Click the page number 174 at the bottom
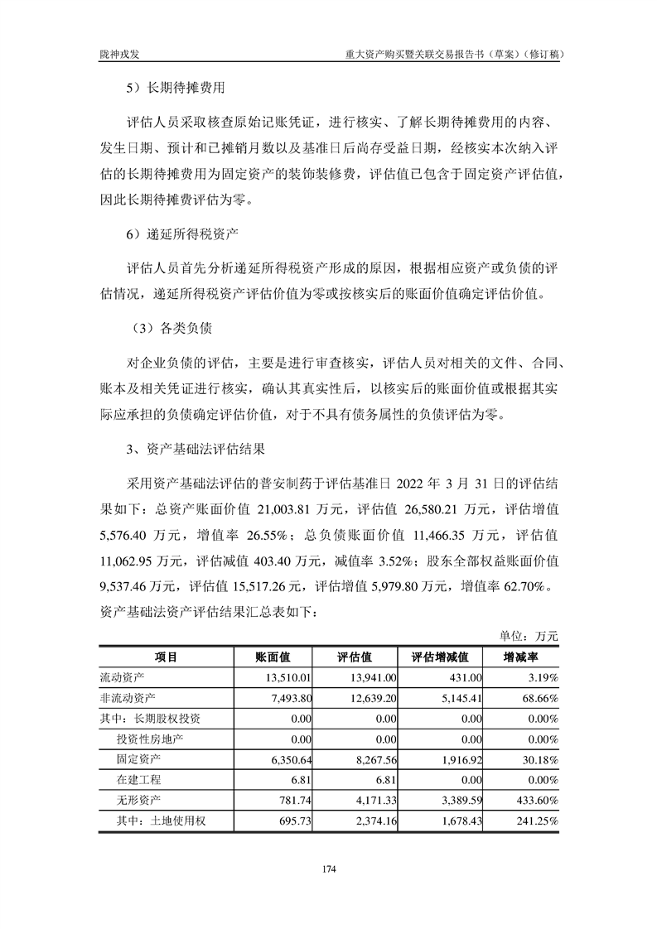328,869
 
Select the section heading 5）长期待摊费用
176,86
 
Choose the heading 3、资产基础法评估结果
194,450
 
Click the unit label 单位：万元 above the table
529,636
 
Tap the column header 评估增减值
441,657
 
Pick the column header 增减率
522,657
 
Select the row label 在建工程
138,780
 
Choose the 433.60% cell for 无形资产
535,801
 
